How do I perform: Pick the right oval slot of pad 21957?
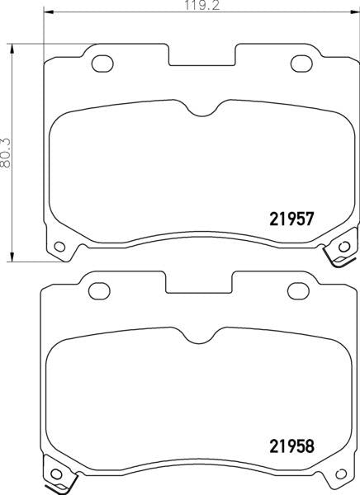point(302,61)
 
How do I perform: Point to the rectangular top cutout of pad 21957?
point(202,56)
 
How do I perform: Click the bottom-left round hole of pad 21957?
point(59,245)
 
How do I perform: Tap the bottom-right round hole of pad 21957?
point(344,245)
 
